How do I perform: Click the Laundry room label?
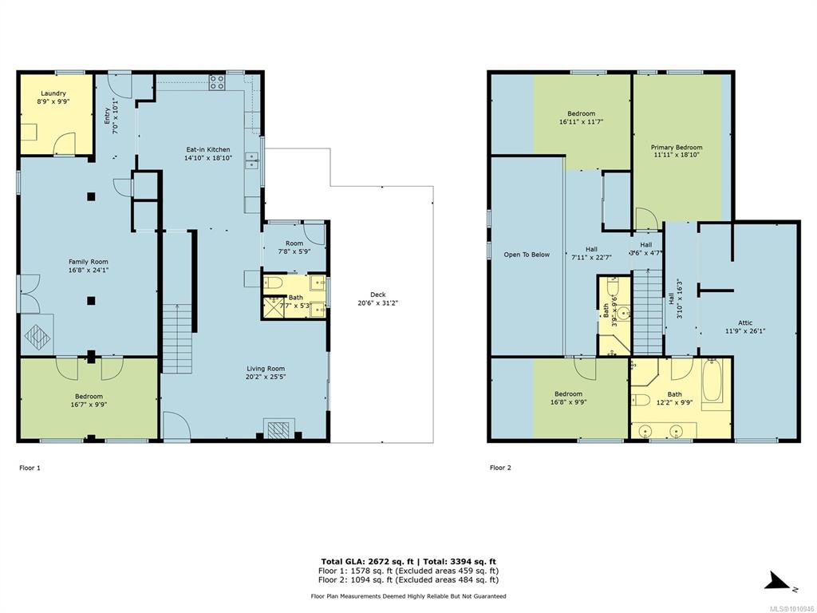(x=53, y=94)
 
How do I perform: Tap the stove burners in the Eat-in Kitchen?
(x=217, y=82)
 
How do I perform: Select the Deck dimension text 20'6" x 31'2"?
(x=377, y=303)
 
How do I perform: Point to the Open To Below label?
(x=527, y=255)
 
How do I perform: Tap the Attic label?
(x=745, y=322)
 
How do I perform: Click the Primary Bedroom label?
(x=677, y=148)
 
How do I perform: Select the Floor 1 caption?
(x=30, y=468)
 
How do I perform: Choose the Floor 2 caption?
(x=500, y=468)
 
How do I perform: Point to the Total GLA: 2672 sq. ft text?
(x=367, y=561)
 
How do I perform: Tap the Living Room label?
(x=266, y=369)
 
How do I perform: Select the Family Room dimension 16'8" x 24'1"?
(x=89, y=270)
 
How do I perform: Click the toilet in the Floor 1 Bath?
(x=273, y=283)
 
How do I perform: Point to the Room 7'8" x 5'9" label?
(x=294, y=247)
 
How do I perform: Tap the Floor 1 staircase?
(x=177, y=338)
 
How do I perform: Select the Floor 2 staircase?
(x=648, y=313)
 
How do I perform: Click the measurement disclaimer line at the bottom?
(x=408, y=596)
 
